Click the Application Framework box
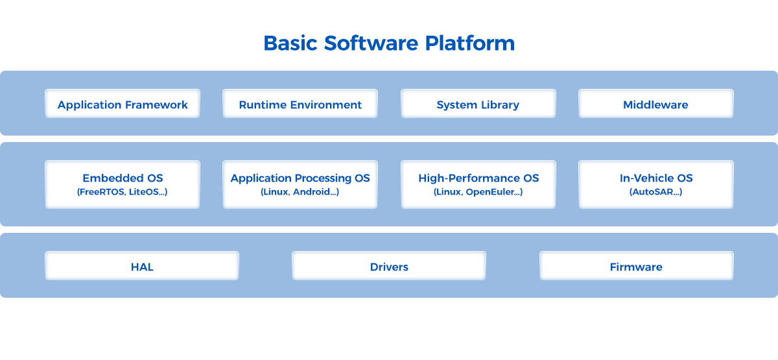[123, 104]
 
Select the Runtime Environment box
[300, 104]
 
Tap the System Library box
[478, 104]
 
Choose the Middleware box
[655, 104]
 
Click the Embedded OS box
[123, 184]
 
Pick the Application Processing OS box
[300, 184]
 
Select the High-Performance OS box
[478, 184]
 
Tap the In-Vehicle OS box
[655, 184]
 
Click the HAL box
[142, 266]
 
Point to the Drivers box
[389, 266]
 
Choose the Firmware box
[636, 266]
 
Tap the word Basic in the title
[290, 43]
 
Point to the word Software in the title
[371, 43]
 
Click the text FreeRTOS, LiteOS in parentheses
[123, 193]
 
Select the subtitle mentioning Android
[300, 193]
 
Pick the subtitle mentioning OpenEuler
[478, 193]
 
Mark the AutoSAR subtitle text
[655, 193]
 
